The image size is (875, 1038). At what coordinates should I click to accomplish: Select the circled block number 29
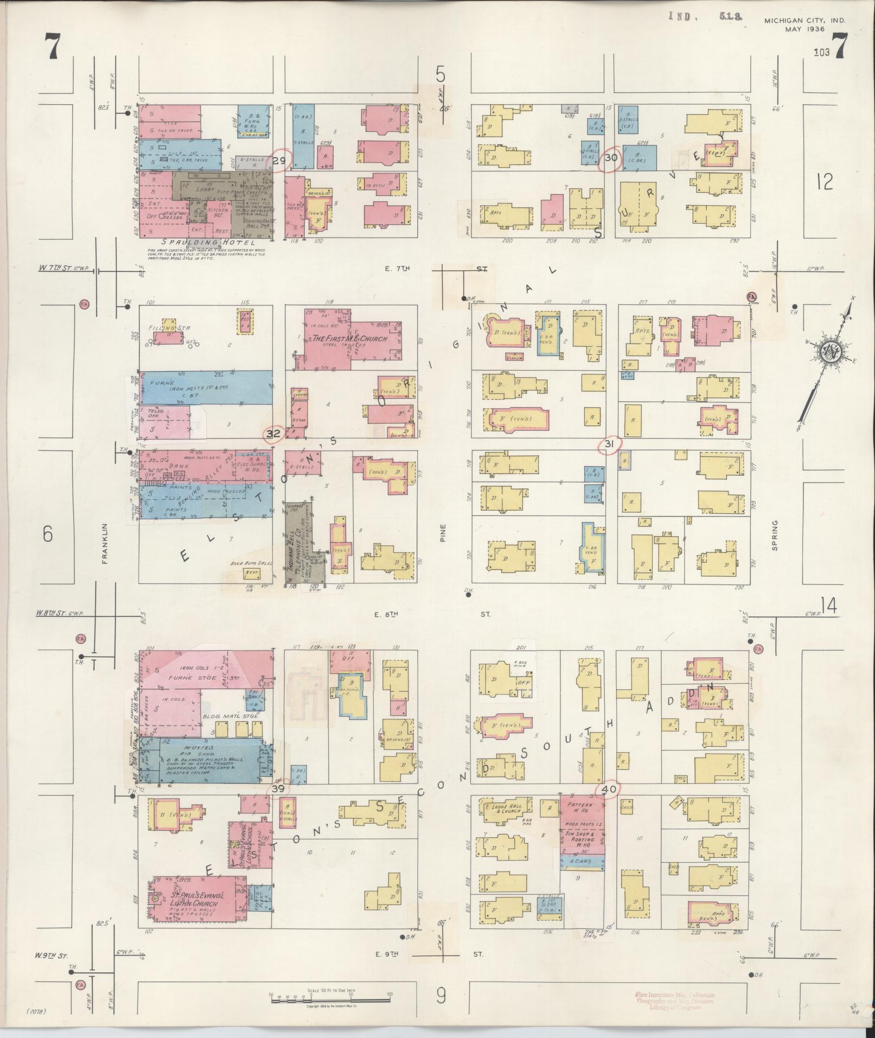tap(280, 161)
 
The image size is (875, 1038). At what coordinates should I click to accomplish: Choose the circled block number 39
tap(278, 788)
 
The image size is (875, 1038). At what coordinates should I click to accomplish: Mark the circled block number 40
tap(608, 789)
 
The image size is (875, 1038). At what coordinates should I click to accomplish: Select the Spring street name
tap(775, 535)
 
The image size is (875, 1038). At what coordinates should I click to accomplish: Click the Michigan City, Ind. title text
tap(804, 21)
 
